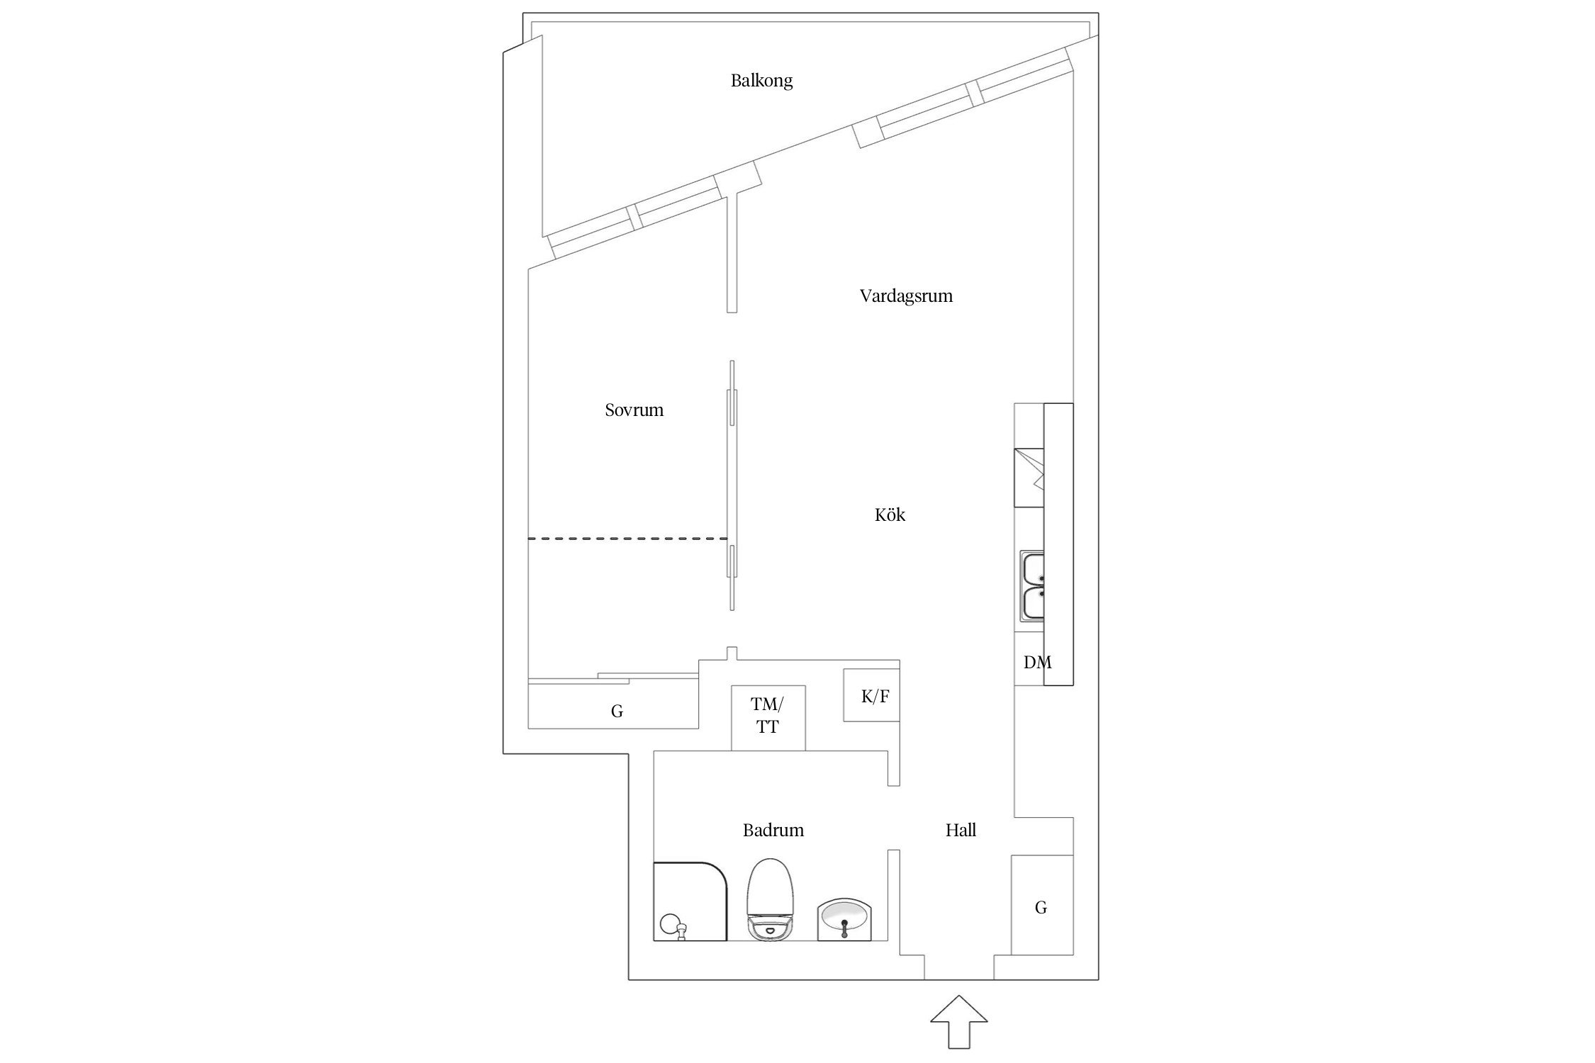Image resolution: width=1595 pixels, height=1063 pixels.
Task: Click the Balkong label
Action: (761, 81)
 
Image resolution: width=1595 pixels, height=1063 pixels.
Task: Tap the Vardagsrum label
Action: (905, 296)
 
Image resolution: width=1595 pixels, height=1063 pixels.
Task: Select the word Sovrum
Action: (634, 410)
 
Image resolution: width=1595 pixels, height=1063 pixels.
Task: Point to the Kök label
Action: (889, 515)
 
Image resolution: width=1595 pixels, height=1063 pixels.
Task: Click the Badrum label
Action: (773, 831)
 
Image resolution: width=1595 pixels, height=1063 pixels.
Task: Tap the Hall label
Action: (960, 831)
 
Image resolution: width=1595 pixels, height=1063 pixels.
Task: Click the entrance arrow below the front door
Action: (958, 1020)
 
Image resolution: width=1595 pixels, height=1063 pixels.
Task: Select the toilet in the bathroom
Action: (768, 900)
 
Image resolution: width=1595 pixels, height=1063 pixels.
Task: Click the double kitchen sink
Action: (1032, 585)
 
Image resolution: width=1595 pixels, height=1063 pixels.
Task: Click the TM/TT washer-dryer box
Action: (768, 717)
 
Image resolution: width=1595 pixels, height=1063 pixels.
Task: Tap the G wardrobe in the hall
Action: (1041, 907)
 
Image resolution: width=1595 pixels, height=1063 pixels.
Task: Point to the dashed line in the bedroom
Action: (627, 539)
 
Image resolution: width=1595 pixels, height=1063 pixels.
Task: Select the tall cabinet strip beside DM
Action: (1058, 544)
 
